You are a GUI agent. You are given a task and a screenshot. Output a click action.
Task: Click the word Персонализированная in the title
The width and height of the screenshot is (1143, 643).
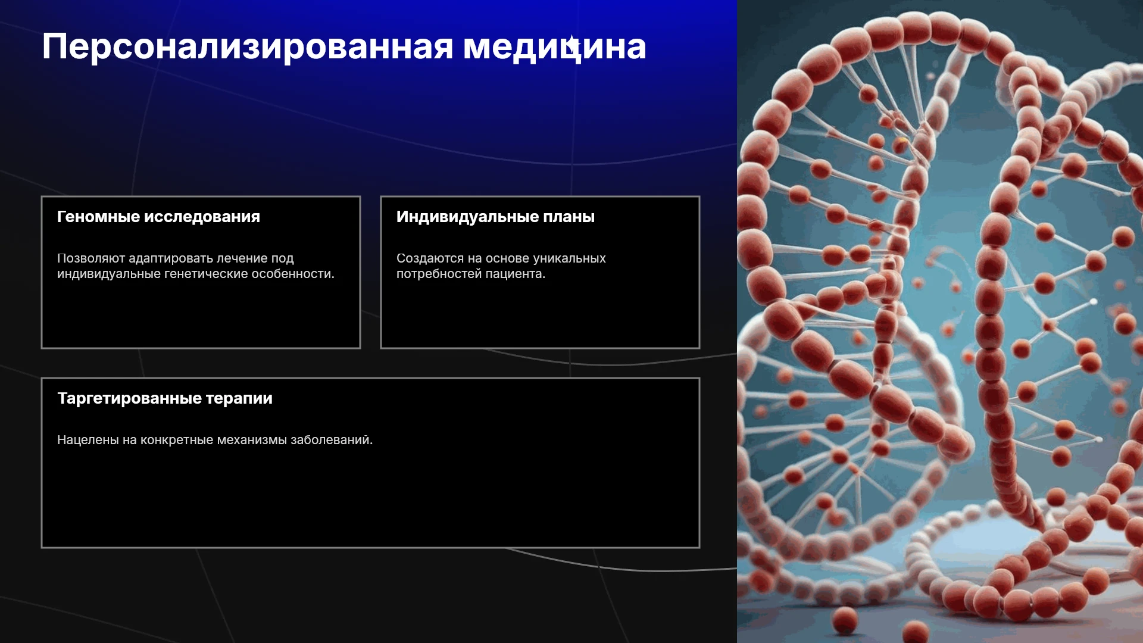[248, 47]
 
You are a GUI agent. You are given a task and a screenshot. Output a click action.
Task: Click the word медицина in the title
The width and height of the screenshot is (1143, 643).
[555, 47]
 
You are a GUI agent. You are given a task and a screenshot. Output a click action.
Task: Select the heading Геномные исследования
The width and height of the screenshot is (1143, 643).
[158, 217]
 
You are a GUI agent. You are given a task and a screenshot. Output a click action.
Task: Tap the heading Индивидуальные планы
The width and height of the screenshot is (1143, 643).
[495, 217]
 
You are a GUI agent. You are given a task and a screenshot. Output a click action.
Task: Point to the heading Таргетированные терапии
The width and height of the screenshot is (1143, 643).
[165, 398]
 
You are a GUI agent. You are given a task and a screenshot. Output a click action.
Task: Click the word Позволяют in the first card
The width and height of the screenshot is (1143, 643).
[91, 258]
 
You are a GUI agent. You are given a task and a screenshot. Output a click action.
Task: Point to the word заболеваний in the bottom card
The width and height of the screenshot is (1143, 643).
[332, 440]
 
